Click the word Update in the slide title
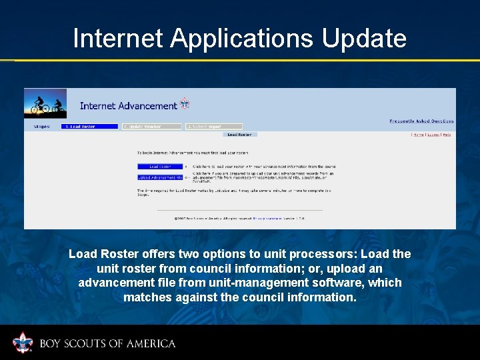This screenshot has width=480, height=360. click(364, 39)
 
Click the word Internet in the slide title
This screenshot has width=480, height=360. click(117, 39)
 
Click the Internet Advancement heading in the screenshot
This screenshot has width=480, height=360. click(129, 105)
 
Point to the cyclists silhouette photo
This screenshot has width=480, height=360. click(45, 103)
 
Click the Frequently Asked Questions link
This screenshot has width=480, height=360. click(421, 121)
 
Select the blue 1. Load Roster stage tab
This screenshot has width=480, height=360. click(89, 127)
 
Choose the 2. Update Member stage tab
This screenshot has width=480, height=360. click(151, 127)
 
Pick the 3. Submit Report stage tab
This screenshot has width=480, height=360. click(213, 127)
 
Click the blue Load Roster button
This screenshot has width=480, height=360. click(160, 167)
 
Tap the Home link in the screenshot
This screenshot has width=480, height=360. click(418, 135)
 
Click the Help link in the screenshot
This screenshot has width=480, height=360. click(447, 135)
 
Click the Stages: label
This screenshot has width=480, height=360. click(42, 127)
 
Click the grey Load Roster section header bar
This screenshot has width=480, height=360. click(240, 135)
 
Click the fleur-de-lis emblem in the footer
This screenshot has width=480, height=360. click(23, 343)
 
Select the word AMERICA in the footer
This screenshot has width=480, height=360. click(151, 344)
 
